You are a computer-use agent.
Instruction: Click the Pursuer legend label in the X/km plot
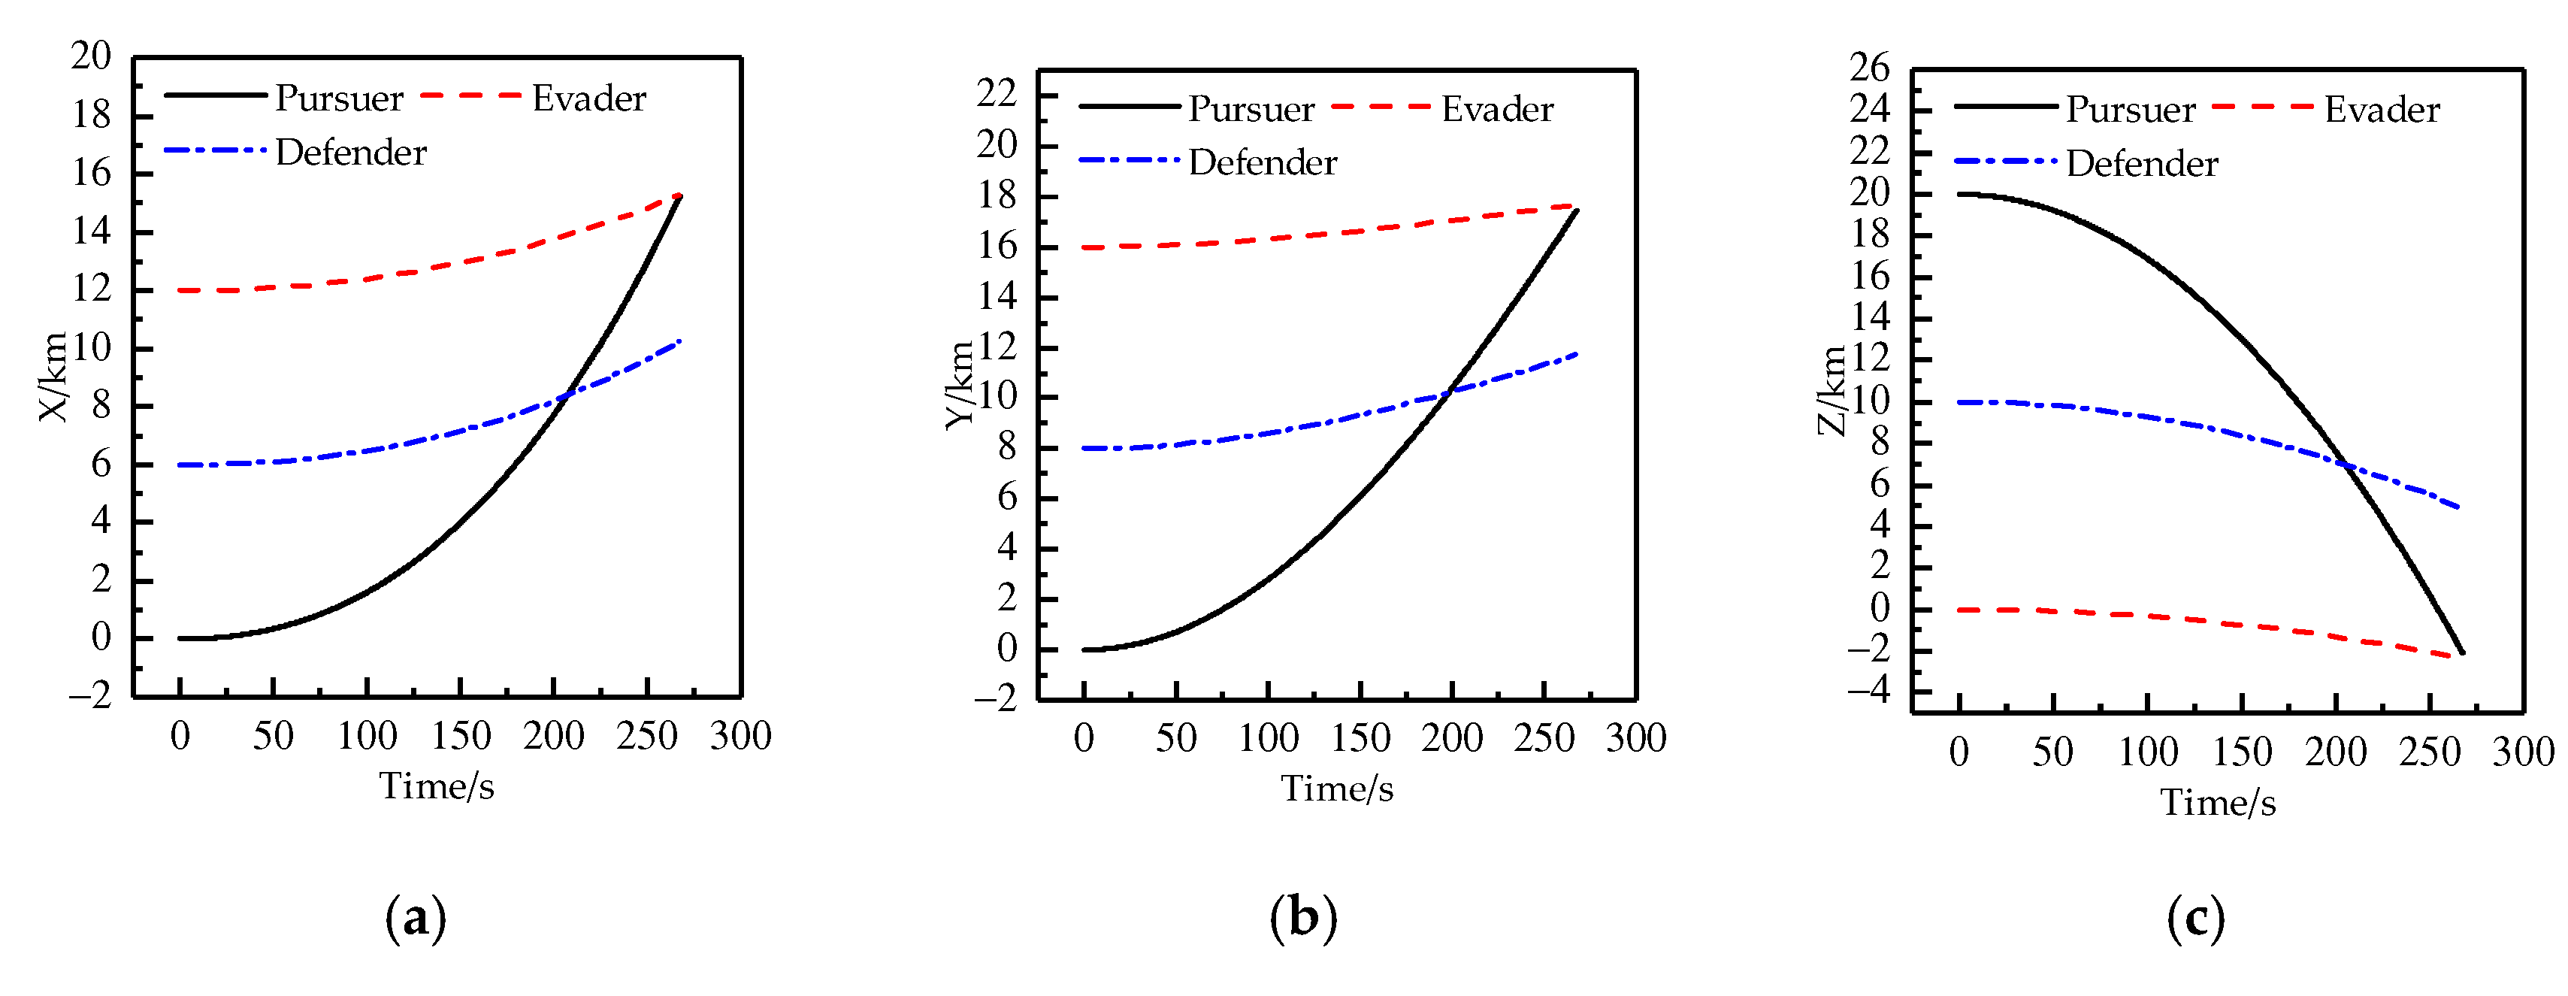point(339,98)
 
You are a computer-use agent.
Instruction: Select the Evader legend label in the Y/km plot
point(1496,110)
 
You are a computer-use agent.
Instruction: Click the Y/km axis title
point(960,385)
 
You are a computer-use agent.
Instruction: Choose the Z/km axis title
point(1831,391)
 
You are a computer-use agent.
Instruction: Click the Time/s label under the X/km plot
point(437,786)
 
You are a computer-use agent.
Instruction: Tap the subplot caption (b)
point(1303,917)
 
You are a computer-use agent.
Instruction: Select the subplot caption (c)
point(2195,917)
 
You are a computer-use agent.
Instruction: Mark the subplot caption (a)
point(416,917)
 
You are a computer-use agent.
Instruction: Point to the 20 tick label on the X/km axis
point(91,57)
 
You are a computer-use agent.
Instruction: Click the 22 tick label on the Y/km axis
point(997,95)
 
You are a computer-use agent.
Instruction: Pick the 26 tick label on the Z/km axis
point(1869,68)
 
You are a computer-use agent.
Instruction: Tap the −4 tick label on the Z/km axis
point(1867,690)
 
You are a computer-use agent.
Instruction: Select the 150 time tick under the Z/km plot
point(2242,752)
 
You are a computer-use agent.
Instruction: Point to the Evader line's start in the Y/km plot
point(1084,247)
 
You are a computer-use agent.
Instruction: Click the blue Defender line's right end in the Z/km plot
point(2459,507)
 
